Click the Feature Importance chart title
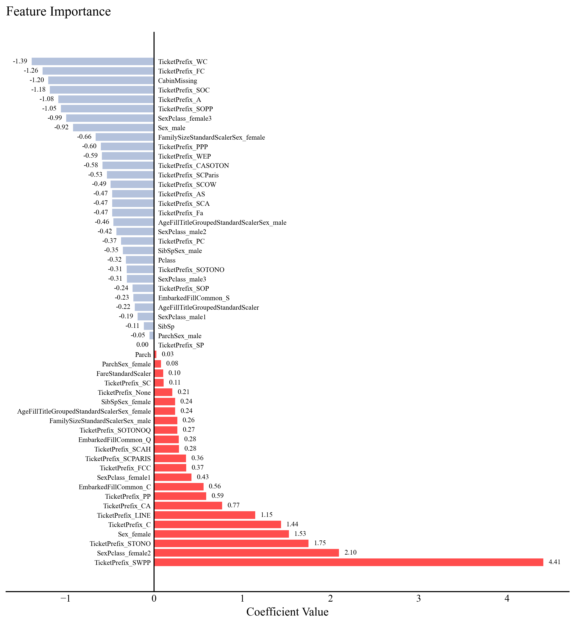tap(59, 11)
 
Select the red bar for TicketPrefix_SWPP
tap(348, 562)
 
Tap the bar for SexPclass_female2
tap(246, 553)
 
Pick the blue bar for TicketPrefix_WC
tap(93, 61)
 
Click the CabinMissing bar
tap(101, 80)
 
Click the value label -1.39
tap(20, 61)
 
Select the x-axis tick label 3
tap(418, 598)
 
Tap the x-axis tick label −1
tap(65, 598)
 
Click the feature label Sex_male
tap(171, 128)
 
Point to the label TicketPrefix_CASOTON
tap(193, 165)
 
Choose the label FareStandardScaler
tap(123, 373)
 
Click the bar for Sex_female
tap(222, 534)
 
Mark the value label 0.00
tap(142, 345)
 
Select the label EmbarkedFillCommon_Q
tap(115, 440)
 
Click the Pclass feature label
tap(167, 260)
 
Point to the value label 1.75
tap(320, 543)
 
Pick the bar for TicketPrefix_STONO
tap(231, 543)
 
